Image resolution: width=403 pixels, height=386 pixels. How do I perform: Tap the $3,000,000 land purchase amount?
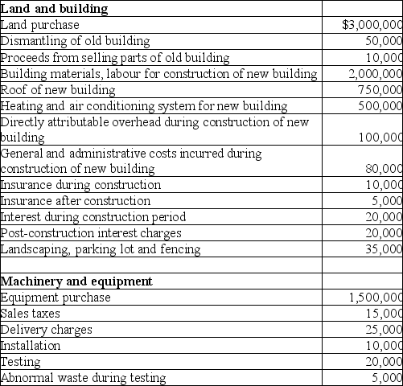(372, 25)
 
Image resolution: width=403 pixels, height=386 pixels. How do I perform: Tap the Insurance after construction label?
(76, 201)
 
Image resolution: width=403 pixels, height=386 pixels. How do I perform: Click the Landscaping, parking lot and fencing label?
(101, 249)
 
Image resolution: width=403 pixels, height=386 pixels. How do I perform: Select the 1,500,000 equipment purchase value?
(375, 298)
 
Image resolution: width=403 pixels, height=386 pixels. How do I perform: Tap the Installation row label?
(31, 346)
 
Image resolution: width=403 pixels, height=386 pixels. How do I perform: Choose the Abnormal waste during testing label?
(84, 378)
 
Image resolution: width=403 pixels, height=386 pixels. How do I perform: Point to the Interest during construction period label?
(93, 217)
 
